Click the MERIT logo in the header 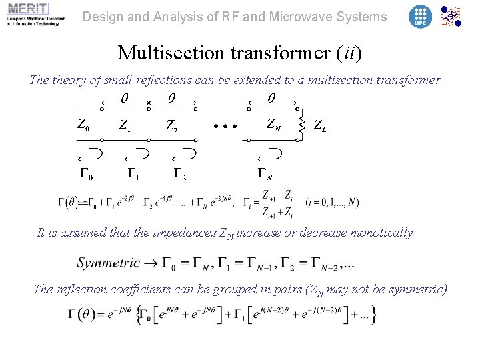coord(33,14)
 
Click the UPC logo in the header coord(420,16)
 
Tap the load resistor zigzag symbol coord(302,124)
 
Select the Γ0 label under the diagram coord(86,175)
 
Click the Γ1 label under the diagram coord(133,175)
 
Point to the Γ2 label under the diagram coord(180,175)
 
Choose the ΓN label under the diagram coord(265,175)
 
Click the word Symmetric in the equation coord(108,262)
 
